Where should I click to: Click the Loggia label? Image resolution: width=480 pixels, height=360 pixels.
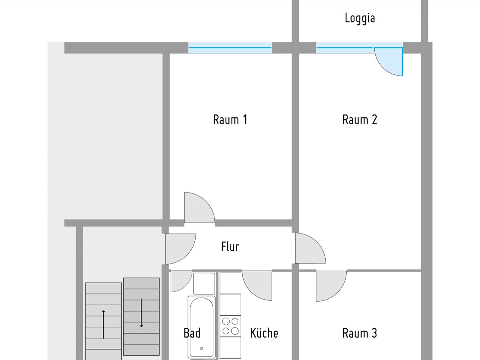pos(360,18)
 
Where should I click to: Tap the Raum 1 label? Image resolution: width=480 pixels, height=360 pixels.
pos(230,120)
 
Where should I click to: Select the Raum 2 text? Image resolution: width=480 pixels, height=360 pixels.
pos(360,120)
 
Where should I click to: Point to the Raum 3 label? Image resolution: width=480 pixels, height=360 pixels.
pos(360,333)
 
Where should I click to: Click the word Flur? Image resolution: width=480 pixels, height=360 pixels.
pos(230,247)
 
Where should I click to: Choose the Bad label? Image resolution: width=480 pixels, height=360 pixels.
pos(192,333)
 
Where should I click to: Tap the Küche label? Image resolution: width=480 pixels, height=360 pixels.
pos(264,333)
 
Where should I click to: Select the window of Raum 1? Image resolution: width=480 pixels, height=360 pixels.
pos(230,48)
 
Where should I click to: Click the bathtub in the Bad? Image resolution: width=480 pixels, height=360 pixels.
pos(202,326)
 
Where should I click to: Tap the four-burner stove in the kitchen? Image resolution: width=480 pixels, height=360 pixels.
pos(230,326)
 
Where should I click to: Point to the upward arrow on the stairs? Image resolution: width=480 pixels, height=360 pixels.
pos(104,324)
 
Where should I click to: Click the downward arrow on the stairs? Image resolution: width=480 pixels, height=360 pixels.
pos(141,313)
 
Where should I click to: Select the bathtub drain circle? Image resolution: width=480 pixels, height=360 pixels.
pos(202,348)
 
